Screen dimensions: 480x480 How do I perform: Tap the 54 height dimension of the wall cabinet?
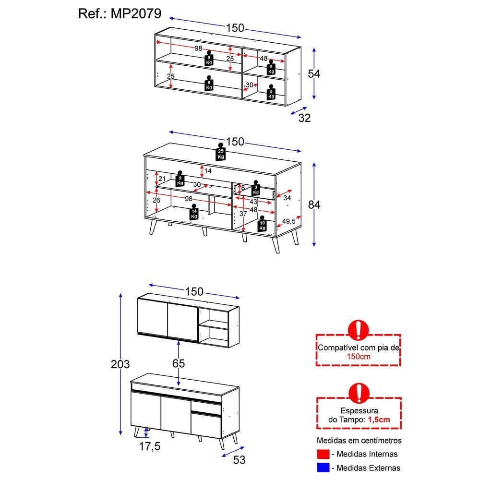coord(313,74)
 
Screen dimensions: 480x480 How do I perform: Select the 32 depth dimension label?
coord(305,118)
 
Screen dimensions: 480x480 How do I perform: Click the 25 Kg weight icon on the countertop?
coord(220,152)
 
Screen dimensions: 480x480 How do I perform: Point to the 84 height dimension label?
coord(314,204)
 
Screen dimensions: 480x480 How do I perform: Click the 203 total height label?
coord(120,364)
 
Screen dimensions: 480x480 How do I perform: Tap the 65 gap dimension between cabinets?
coord(179,363)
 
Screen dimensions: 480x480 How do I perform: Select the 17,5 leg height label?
coord(150,447)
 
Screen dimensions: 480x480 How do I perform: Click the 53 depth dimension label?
coord(239,460)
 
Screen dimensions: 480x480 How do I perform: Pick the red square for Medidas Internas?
coord(323,454)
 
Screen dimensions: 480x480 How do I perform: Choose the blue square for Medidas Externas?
coord(323,468)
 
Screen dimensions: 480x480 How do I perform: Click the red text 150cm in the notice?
coord(358,357)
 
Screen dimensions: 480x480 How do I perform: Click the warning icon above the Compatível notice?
coord(358,330)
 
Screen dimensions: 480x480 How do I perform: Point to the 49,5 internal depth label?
coord(288,221)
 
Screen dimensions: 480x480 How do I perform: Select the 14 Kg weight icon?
coord(194,212)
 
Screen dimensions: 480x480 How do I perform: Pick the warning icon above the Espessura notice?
coord(358,393)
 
